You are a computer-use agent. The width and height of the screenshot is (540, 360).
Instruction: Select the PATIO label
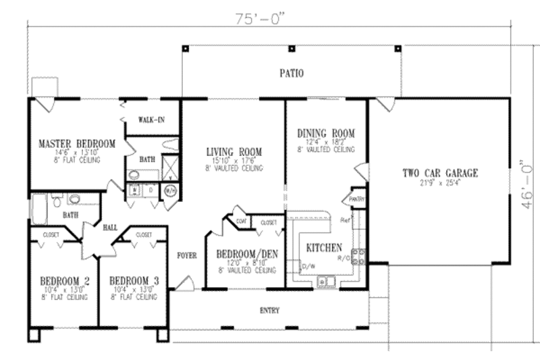point(292,72)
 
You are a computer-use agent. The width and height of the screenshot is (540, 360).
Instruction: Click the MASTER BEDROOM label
point(76,144)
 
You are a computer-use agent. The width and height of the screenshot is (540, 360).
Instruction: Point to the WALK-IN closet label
point(152,120)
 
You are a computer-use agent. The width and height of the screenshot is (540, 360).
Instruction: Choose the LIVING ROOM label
point(234,152)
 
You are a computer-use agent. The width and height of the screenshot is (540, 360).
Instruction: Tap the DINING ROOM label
point(326,133)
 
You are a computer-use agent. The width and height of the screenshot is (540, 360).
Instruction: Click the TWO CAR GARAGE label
point(440,173)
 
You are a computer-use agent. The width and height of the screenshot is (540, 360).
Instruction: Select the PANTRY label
point(356,199)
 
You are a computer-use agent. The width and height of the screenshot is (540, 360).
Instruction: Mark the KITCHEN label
point(324,247)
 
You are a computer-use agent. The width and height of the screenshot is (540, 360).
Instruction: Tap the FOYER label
point(187,256)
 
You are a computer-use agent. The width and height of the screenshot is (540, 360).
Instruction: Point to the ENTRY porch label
point(269,311)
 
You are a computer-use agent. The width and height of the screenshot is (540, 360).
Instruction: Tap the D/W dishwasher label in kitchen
point(309,265)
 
